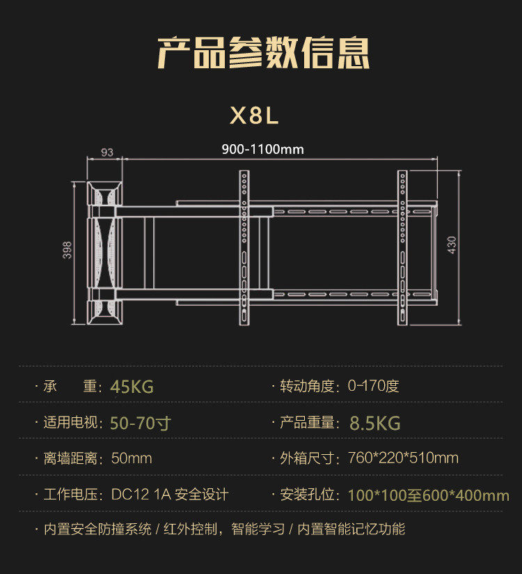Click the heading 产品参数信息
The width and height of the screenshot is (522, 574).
coord(263,52)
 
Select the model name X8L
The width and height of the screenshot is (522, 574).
coord(254,115)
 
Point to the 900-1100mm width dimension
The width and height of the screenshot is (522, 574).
coord(262,149)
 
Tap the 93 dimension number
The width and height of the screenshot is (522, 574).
coord(106,153)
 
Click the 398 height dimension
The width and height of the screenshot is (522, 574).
coord(68,250)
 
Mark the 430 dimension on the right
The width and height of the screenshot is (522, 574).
coord(452,245)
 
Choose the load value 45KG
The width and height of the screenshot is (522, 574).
coord(132,387)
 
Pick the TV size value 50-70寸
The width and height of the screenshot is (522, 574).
coord(141,423)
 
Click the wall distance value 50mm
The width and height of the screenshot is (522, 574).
coord(132,458)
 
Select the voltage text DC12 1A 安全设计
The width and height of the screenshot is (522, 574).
coord(170,495)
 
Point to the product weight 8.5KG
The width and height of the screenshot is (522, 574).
coord(375,423)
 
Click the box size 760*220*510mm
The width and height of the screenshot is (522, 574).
coord(404,458)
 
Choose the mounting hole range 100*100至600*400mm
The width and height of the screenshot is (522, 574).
coord(428,495)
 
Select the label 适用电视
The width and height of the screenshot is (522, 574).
coord(72,423)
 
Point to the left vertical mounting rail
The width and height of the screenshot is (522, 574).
coord(244,247)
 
